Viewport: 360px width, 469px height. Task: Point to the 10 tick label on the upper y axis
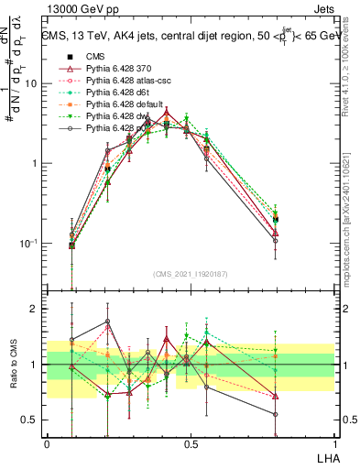click(x=30, y=83)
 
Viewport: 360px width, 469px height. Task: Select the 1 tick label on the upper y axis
click(x=34, y=164)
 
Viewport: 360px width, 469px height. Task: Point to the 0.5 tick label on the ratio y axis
click(x=29, y=420)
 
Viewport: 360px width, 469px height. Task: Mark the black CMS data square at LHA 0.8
click(x=276, y=220)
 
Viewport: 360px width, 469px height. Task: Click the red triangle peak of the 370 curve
click(x=166, y=114)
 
